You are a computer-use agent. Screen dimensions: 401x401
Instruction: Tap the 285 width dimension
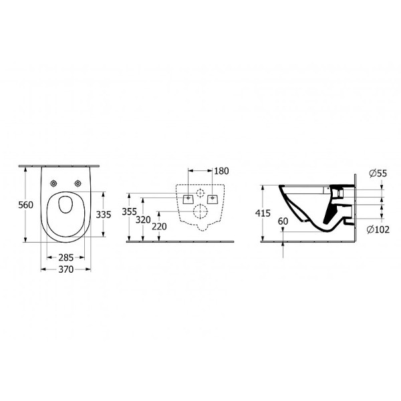pyautogui.click(x=65, y=257)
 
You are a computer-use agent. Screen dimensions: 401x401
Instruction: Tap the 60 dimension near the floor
pyautogui.click(x=283, y=221)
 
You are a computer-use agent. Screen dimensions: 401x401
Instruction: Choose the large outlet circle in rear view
pyautogui.click(x=200, y=213)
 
